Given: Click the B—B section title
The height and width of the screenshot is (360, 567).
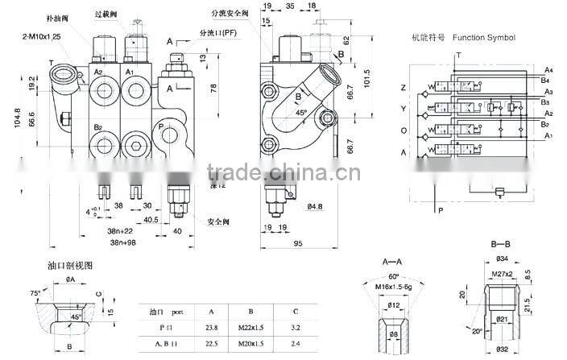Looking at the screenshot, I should click(501, 242).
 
